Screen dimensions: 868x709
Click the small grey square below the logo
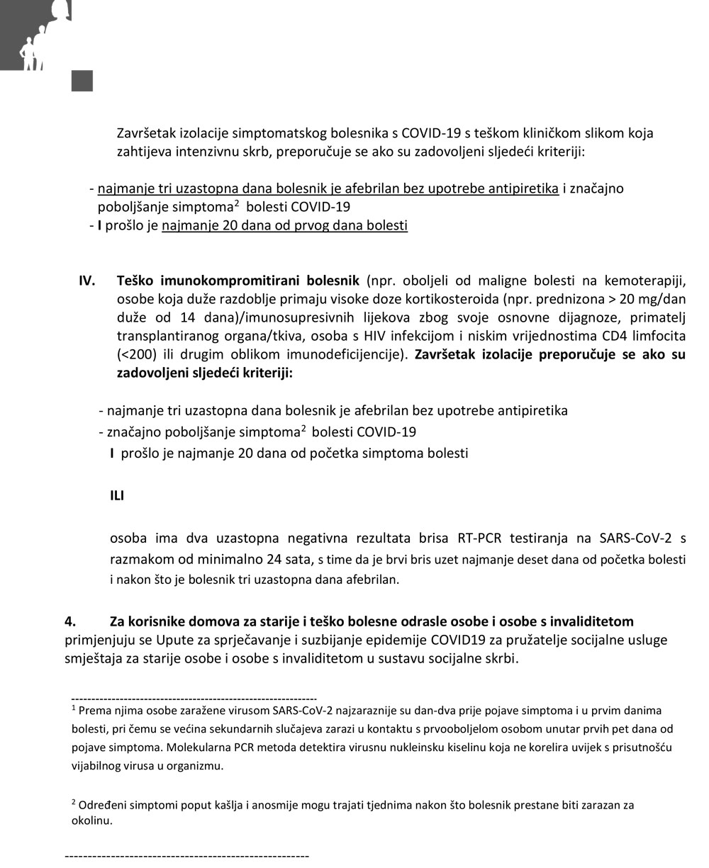pos(82,81)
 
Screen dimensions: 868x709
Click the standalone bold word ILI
pos(117,496)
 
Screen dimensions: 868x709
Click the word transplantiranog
pos(162,336)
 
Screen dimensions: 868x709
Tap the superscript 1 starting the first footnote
pos(74,707)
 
